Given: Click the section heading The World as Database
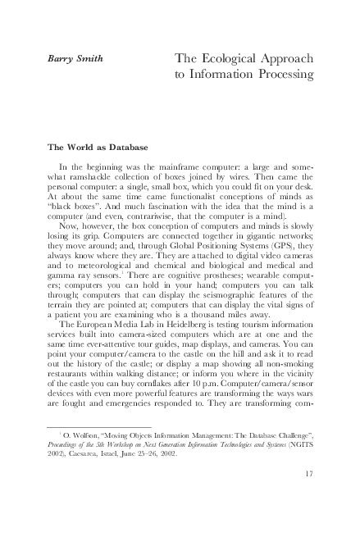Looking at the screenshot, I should [97, 148].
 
